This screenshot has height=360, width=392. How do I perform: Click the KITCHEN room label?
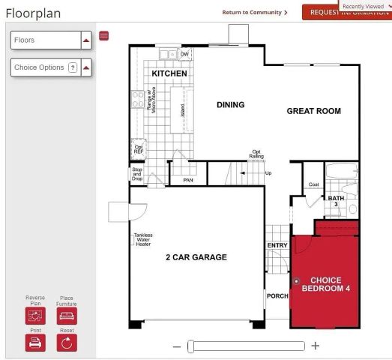tap(169, 73)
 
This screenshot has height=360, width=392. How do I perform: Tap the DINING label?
tap(230, 105)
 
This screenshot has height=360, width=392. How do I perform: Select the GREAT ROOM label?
tap(313, 111)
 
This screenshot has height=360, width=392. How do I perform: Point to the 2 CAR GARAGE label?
tap(196, 257)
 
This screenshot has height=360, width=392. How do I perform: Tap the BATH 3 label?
tap(336, 201)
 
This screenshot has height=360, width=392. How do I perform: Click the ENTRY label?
tap(277, 245)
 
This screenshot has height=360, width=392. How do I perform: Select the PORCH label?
tap(277, 296)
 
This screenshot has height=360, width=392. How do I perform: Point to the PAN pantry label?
tap(187, 180)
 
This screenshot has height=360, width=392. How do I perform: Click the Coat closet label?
tap(313, 184)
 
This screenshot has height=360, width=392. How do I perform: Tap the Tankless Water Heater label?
tap(142, 239)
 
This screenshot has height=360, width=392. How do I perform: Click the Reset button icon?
tap(67, 342)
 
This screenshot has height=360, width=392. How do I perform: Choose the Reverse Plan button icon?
tap(35, 316)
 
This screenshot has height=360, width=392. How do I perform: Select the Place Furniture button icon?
tap(67, 316)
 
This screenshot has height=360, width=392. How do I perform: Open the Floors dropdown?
tap(86, 40)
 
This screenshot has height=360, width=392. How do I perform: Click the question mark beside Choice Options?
tap(73, 67)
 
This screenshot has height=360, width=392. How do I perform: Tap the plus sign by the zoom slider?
tap(316, 346)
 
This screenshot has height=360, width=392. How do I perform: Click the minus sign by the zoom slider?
tap(177, 346)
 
